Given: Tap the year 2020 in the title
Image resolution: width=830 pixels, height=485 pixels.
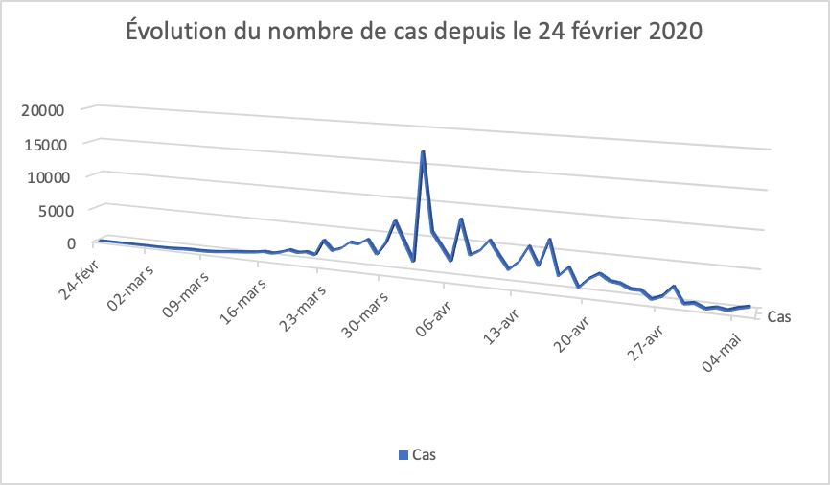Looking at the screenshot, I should pos(671,33).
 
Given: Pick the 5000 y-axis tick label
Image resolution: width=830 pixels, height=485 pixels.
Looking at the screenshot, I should pos(50,210).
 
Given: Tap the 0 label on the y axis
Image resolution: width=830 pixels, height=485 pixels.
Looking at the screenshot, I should pos(70,242).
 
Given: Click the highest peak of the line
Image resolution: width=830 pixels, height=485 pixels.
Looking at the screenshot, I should pos(423,152).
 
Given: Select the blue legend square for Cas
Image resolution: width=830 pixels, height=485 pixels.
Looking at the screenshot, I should pos(403,454).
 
